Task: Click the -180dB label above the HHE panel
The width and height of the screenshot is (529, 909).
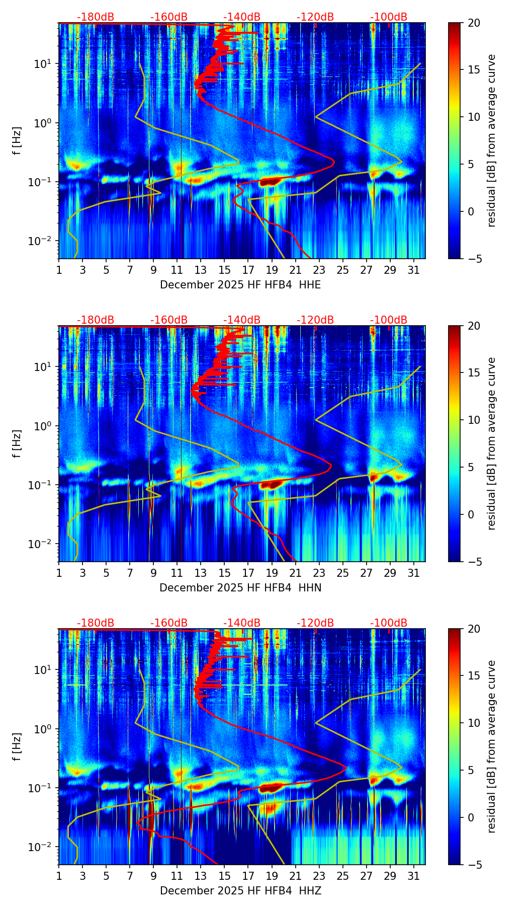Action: pos(96,17)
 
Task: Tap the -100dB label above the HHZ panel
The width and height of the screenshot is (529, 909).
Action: pos(389,623)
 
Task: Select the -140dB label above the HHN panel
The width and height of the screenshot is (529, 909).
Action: pos(242,320)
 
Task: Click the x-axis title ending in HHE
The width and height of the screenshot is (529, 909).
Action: pos(240,285)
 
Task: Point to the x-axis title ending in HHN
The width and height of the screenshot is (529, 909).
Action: pos(240,588)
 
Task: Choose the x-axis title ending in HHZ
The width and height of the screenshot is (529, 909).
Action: pos(240,891)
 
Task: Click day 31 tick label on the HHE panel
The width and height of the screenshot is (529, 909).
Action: pos(414,270)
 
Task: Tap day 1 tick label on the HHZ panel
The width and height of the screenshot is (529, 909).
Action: pos(59,876)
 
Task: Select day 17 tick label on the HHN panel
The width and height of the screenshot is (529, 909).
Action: pos(248,573)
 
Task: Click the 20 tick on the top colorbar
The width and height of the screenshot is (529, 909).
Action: pos(474,23)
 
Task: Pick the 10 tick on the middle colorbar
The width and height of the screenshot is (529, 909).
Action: pos(474,420)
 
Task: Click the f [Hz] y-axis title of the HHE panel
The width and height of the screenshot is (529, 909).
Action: pos(17,141)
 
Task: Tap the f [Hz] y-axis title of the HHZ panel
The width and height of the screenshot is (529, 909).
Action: pos(17,747)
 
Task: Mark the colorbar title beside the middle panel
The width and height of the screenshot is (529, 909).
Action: pos(492,443)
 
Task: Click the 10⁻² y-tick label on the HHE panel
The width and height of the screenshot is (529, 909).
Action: pos(41,241)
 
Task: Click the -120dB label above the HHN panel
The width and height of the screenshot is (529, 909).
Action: pos(315,320)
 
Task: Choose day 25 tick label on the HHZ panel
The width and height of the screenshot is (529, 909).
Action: pos(343,876)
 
